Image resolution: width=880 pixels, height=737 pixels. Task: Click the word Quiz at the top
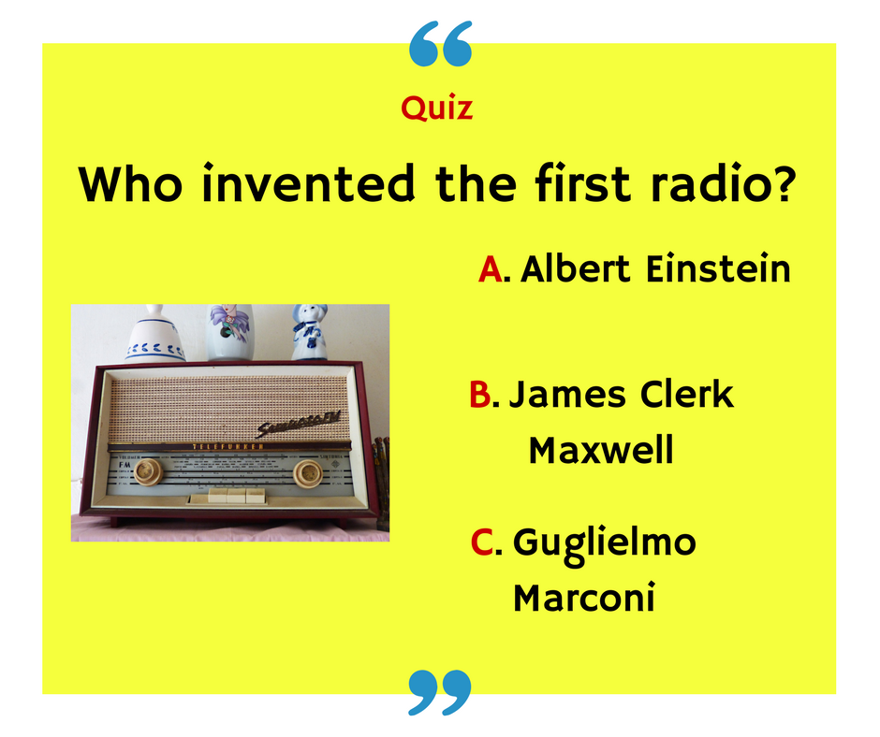436,109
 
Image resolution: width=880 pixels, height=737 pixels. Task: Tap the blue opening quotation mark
441,44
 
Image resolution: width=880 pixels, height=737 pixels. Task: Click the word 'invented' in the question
308,184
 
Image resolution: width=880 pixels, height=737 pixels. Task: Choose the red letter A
491,269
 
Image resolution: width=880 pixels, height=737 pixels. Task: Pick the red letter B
480,395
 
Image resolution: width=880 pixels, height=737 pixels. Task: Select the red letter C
481,542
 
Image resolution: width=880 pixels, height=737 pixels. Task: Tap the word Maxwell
600,451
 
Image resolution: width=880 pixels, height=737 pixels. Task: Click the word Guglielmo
605,542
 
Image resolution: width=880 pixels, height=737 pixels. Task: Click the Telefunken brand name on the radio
228,447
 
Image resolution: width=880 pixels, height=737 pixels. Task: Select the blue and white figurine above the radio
308,332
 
